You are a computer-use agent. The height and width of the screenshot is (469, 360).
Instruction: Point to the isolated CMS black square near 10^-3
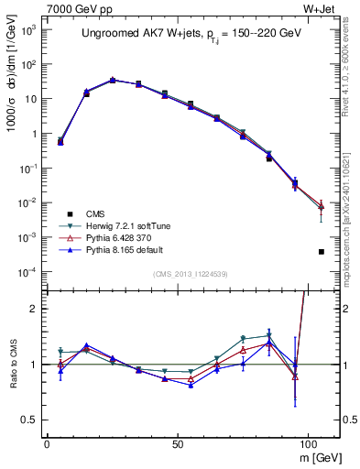click(322, 251)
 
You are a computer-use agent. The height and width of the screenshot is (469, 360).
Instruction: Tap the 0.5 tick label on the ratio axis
click(29, 420)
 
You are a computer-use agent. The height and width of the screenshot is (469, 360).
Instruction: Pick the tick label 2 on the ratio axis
click(34, 309)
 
